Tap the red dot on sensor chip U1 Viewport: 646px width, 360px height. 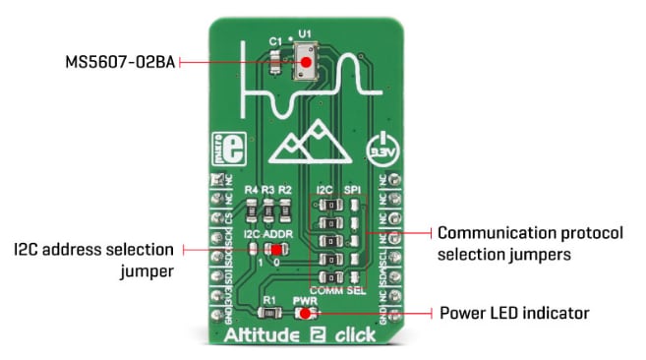coord(307,61)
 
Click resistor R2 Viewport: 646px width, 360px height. coord(285,208)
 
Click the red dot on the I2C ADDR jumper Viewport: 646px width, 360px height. coord(266,250)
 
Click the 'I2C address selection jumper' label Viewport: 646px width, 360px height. coord(94,258)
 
